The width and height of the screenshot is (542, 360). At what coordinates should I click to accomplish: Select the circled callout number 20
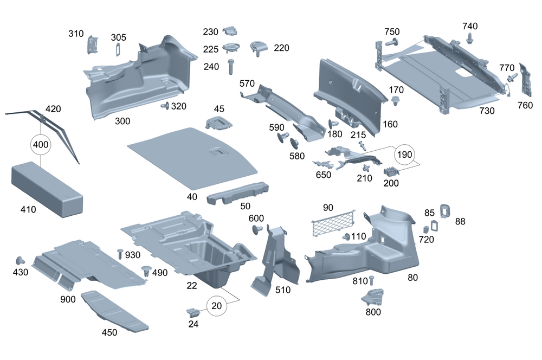coord(217,306)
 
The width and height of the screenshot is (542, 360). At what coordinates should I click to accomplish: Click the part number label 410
coord(28,209)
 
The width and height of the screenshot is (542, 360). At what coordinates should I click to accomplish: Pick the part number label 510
coord(282,290)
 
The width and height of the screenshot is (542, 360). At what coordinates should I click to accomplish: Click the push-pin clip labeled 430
coord(22,260)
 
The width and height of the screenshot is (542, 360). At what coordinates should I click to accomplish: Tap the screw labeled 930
coord(120,254)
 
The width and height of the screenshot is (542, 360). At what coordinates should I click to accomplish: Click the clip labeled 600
coord(257,230)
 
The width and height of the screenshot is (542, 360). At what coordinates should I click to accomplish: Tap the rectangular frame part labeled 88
coord(445,210)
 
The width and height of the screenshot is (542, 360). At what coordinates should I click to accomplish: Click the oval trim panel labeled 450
coord(114,310)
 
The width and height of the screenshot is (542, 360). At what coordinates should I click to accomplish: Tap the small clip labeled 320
coord(165,106)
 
